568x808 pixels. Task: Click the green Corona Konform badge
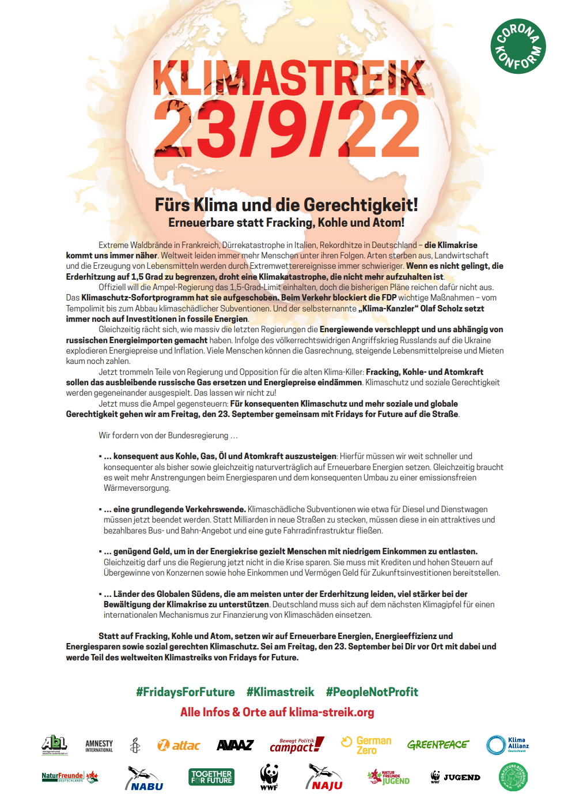(518, 46)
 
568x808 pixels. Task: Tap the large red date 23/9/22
(286, 130)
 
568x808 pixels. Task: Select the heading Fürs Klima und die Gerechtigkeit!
(286, 205)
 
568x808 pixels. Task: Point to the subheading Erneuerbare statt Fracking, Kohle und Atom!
(286, 223)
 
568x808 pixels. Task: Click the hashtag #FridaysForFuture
(185, 692)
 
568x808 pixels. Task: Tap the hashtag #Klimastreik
(281, 692)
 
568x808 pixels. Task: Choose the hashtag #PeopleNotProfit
(372, 692)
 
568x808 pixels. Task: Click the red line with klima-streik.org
(277, 712)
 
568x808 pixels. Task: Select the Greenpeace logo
(438, 745)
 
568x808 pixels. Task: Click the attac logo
(179, 745)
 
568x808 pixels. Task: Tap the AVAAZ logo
(235, 745)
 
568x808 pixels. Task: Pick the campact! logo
(297, 745)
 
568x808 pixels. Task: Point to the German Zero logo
(366, 745)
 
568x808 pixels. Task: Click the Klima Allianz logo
(508, 745)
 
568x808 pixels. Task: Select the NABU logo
(144, 778)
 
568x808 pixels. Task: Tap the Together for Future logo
(211, 777)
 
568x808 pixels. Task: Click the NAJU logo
(324, 778)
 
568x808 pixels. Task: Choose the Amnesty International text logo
(99, 746)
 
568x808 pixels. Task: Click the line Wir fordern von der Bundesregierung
(168, 435)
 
